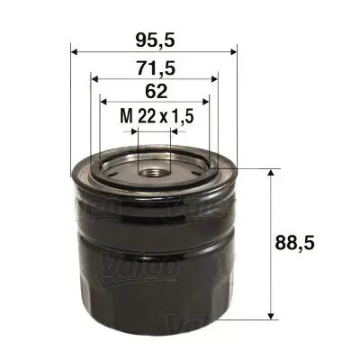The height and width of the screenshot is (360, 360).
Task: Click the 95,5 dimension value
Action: pos(153,40)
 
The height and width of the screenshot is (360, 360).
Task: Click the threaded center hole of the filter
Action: pos(152,166)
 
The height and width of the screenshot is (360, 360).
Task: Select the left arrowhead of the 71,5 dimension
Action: pos(94,77)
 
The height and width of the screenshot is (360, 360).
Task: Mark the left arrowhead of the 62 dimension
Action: pos(102,101)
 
